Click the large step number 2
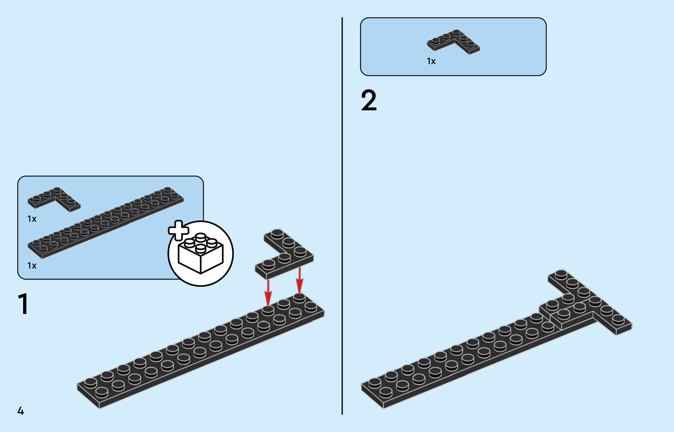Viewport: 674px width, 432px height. click(x=369, y=100)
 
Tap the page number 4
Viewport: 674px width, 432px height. click(x=20, y=411)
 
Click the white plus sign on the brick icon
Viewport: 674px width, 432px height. click(x=178, y=230)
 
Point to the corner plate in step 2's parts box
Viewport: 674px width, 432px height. click(x=453, y=42)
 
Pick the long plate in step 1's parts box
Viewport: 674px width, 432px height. click(x=105, y=222)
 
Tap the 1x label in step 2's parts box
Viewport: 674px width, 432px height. click(x=431, y=61)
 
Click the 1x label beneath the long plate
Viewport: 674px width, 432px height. click(x=32, y=265)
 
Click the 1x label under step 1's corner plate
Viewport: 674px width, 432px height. click(x=32, y=219)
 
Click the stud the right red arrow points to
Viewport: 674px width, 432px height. click(x=299, y=297)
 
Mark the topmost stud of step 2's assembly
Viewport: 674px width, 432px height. click(x=561, y=274)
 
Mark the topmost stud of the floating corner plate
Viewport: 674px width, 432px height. click(x=277, y=234)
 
